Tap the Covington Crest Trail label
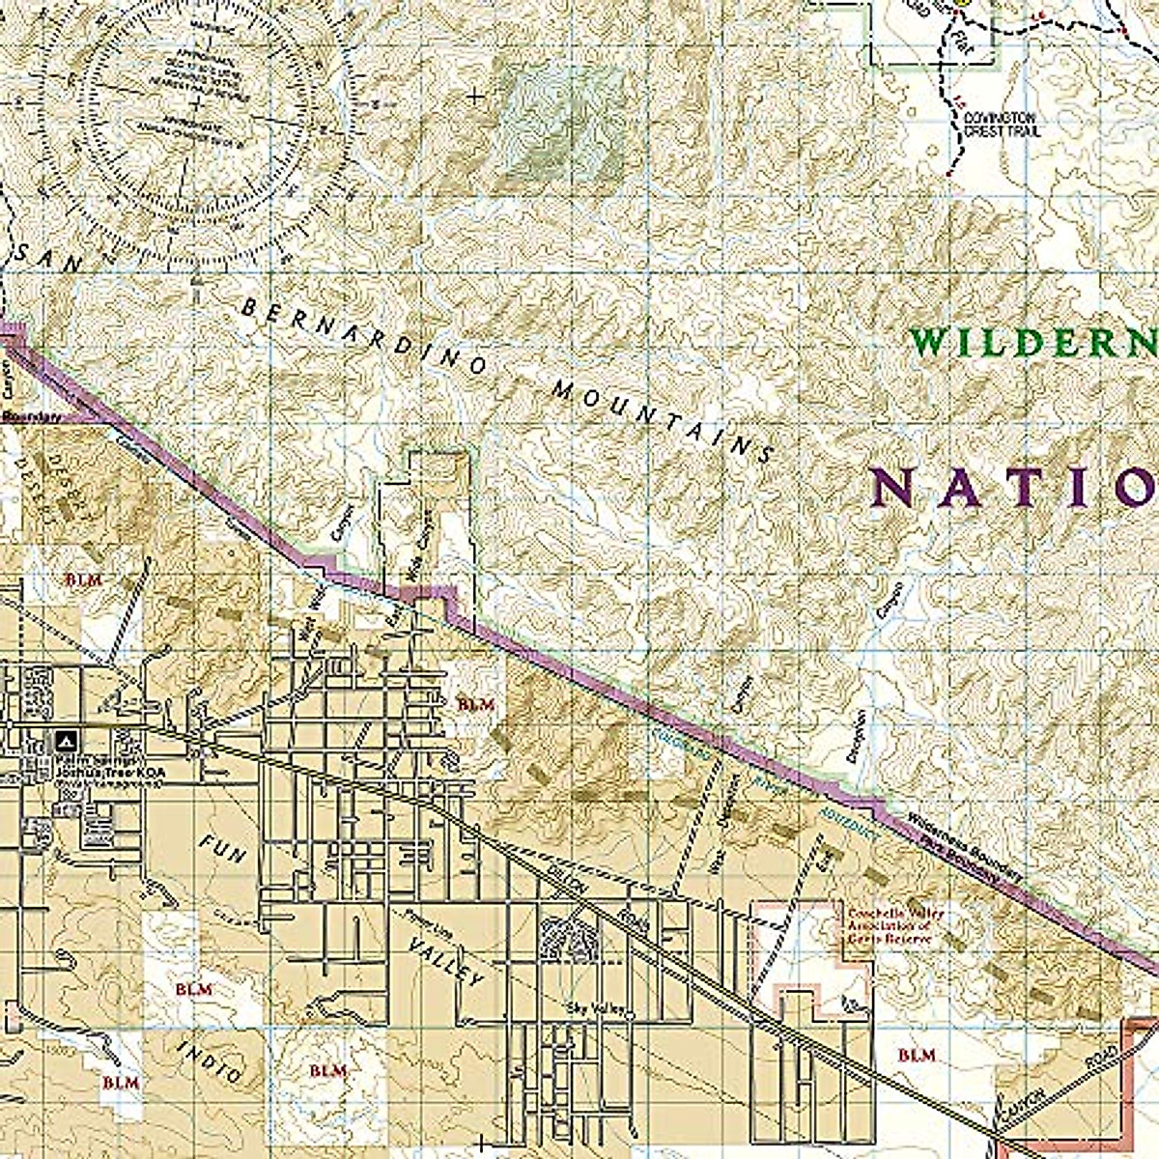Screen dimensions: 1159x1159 coord(1001,124)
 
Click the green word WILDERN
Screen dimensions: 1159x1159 coord(1033,342)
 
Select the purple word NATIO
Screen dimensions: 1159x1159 coord(1014,489)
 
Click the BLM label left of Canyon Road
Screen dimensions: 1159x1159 coord(916,1056)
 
